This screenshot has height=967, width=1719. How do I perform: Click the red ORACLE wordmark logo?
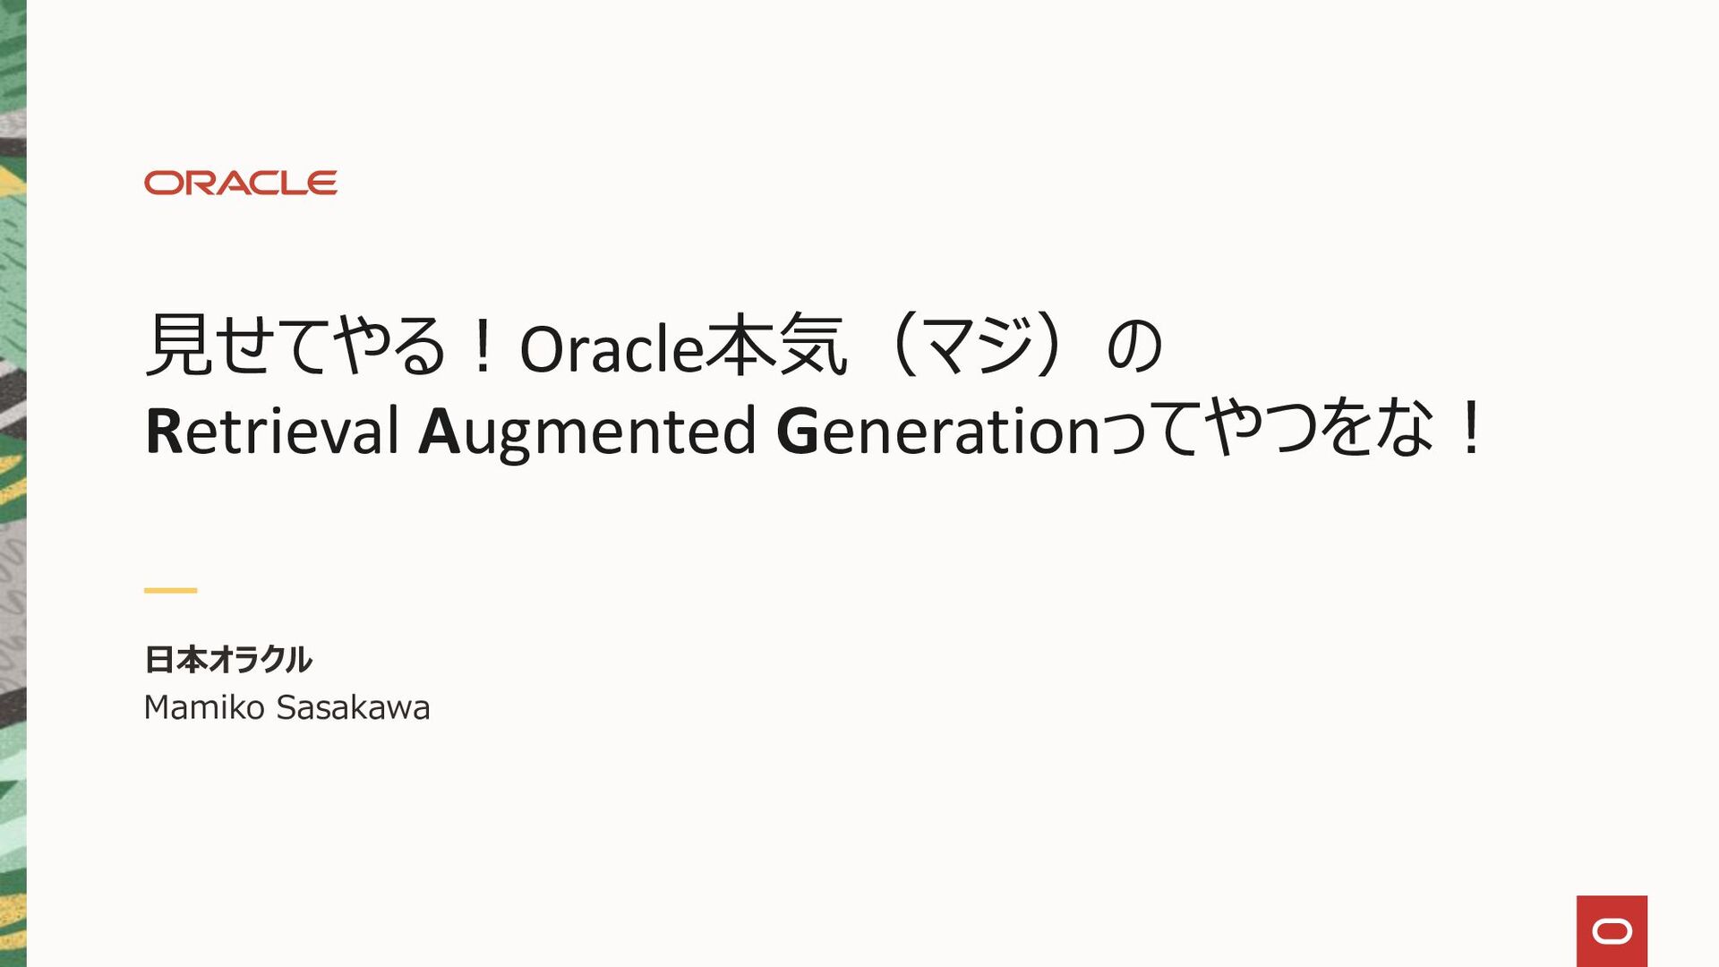point(240,183)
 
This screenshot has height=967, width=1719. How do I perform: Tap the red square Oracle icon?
point(1612,931)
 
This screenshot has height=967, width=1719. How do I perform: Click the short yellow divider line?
point(170,590)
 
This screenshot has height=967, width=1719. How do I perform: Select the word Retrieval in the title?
point(272,431)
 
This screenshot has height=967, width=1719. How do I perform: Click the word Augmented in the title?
point(587,432)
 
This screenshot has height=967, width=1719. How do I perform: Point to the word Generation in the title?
point(937,431)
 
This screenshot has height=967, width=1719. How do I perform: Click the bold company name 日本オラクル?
point(227,660)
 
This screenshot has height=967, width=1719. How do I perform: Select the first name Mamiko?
point(204,707)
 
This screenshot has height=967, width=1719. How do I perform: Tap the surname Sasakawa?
point(353,707)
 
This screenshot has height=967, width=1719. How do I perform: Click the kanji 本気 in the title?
point(775,346)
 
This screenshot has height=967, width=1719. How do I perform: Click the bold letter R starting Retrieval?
point(163,431)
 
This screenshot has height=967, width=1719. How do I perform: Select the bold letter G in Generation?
point(798,431)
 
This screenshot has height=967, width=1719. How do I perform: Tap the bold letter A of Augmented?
point(439,431)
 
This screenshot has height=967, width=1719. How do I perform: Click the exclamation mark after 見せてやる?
point(483,346)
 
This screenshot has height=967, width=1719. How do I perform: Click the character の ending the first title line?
point(1134,346)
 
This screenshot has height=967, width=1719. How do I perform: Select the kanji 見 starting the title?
point(178,346)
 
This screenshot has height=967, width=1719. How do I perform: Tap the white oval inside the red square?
point(1612,932)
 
